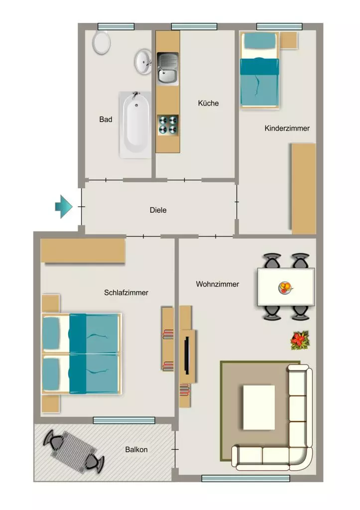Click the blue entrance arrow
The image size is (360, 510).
point(63,207)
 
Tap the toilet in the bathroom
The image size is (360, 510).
point(102,42)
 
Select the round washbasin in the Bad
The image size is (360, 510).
point(143,61)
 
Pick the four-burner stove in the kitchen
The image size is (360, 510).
point(168,125)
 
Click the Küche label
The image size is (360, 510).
point(208,103)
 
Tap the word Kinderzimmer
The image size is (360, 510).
point(287,128)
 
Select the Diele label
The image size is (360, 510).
point(158,210)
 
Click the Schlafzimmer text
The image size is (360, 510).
point(126,292)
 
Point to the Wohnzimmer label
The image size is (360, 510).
point(217,284)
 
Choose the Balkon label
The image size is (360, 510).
point(136,450)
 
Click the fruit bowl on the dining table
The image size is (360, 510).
point(285,288)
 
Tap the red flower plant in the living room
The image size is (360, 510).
point(300,340)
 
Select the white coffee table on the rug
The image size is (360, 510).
point(259,407)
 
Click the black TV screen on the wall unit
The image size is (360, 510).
point(187,355)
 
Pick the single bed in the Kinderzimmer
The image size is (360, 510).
point(260,70)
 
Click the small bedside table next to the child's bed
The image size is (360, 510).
point(289,40)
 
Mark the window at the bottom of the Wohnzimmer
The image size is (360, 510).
point(245,478)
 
